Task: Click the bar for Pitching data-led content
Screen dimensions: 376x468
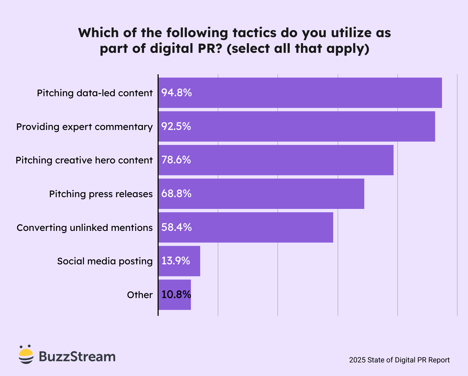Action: (x=300, y=93)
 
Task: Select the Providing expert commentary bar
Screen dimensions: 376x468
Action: (x=297, y=126)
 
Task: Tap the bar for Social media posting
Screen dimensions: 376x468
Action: (x=179, y=261)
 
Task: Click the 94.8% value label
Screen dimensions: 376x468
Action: (x=176, y=93)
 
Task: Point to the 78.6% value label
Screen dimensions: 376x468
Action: (x=176, y=160)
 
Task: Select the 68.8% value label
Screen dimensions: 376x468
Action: (x=176, y=193)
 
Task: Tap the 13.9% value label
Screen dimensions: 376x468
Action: (x=176, y=261)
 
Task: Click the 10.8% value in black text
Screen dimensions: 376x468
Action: (x=176, y=295)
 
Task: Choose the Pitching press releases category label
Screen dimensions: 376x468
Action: (x=101, y=194)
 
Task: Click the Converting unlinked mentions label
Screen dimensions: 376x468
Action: (x=85, y=228)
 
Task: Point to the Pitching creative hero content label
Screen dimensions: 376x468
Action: (x=84, y=160)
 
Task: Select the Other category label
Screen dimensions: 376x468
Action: (x=140, y=295)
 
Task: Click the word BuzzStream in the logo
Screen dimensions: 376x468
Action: (x=77, y=356)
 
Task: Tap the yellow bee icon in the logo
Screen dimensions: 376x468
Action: (x=26, y=355)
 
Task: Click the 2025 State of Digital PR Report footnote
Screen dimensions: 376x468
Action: (x=399, y=360)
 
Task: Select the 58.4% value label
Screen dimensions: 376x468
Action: (x=176, y=227)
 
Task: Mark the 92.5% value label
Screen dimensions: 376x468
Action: (x=176, y=126)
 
